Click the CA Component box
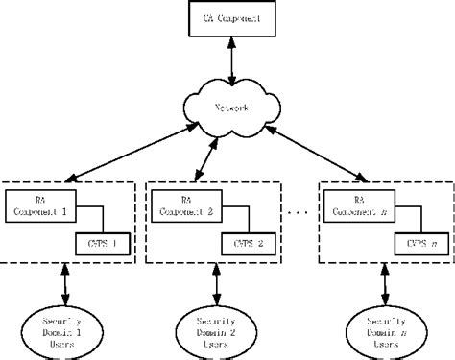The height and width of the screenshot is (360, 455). (227, 18)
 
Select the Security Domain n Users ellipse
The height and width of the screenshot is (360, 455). (371, 325)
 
